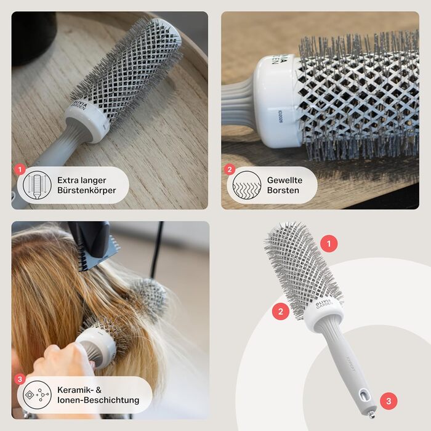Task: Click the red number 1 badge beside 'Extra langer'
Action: click(x=19, y=168)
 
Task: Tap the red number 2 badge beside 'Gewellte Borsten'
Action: click(x=230, y=168)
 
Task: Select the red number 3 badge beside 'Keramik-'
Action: click(x=20, y=379)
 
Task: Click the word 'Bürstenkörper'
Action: click(x=86, y=190)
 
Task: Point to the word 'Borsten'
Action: click(x=283, y=190)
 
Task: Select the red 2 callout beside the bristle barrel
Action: click(x=280, y=311)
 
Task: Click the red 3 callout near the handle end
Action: click(x=388, y=401)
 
